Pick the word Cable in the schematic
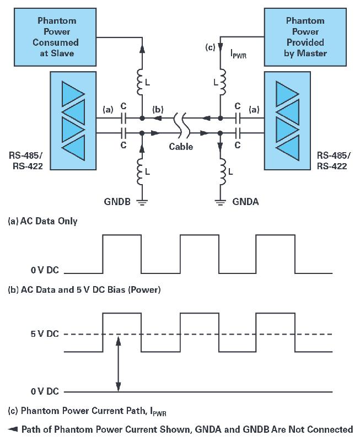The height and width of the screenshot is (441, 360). pyautogui.click(x=181, y=147)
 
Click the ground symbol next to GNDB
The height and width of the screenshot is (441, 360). pyautogui.click(x=143, y=202)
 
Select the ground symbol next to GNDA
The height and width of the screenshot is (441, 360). pyautogui.click(x=221, y=202)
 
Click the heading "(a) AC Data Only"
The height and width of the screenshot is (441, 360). pyautogui.click(x=41, y=221)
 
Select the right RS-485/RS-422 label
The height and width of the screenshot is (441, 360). pyautogui.click(x=332, y=159)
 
